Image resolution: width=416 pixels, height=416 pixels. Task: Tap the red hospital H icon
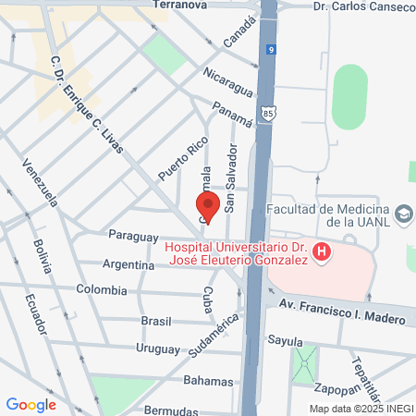(321, 251)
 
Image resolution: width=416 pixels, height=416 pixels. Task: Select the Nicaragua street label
(228, 73)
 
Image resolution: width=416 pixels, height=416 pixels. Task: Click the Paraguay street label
(134, 236)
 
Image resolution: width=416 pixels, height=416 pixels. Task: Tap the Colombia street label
(102, 289)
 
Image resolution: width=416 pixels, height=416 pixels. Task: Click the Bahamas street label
(207, 381)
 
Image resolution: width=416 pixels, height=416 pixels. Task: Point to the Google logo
(31, 404)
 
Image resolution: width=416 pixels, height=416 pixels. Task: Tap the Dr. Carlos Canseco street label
(362, 6)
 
